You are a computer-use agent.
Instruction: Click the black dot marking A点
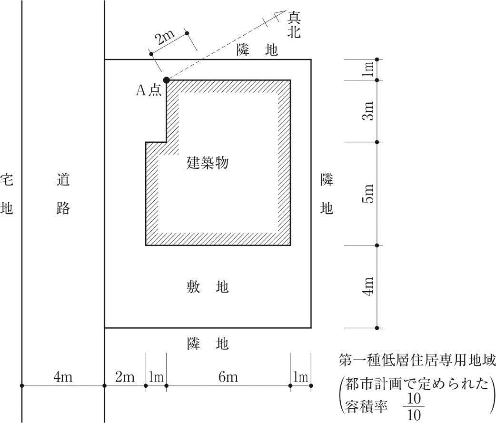166,80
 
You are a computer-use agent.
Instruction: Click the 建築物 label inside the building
208,163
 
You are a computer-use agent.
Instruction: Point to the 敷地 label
208,287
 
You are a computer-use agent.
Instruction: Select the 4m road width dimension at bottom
63,377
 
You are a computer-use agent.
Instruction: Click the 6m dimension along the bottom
228,377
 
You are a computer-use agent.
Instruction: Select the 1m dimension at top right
368,69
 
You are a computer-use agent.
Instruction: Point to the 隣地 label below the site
208,343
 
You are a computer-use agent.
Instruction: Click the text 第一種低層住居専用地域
417,360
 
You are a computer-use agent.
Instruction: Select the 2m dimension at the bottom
125,377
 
